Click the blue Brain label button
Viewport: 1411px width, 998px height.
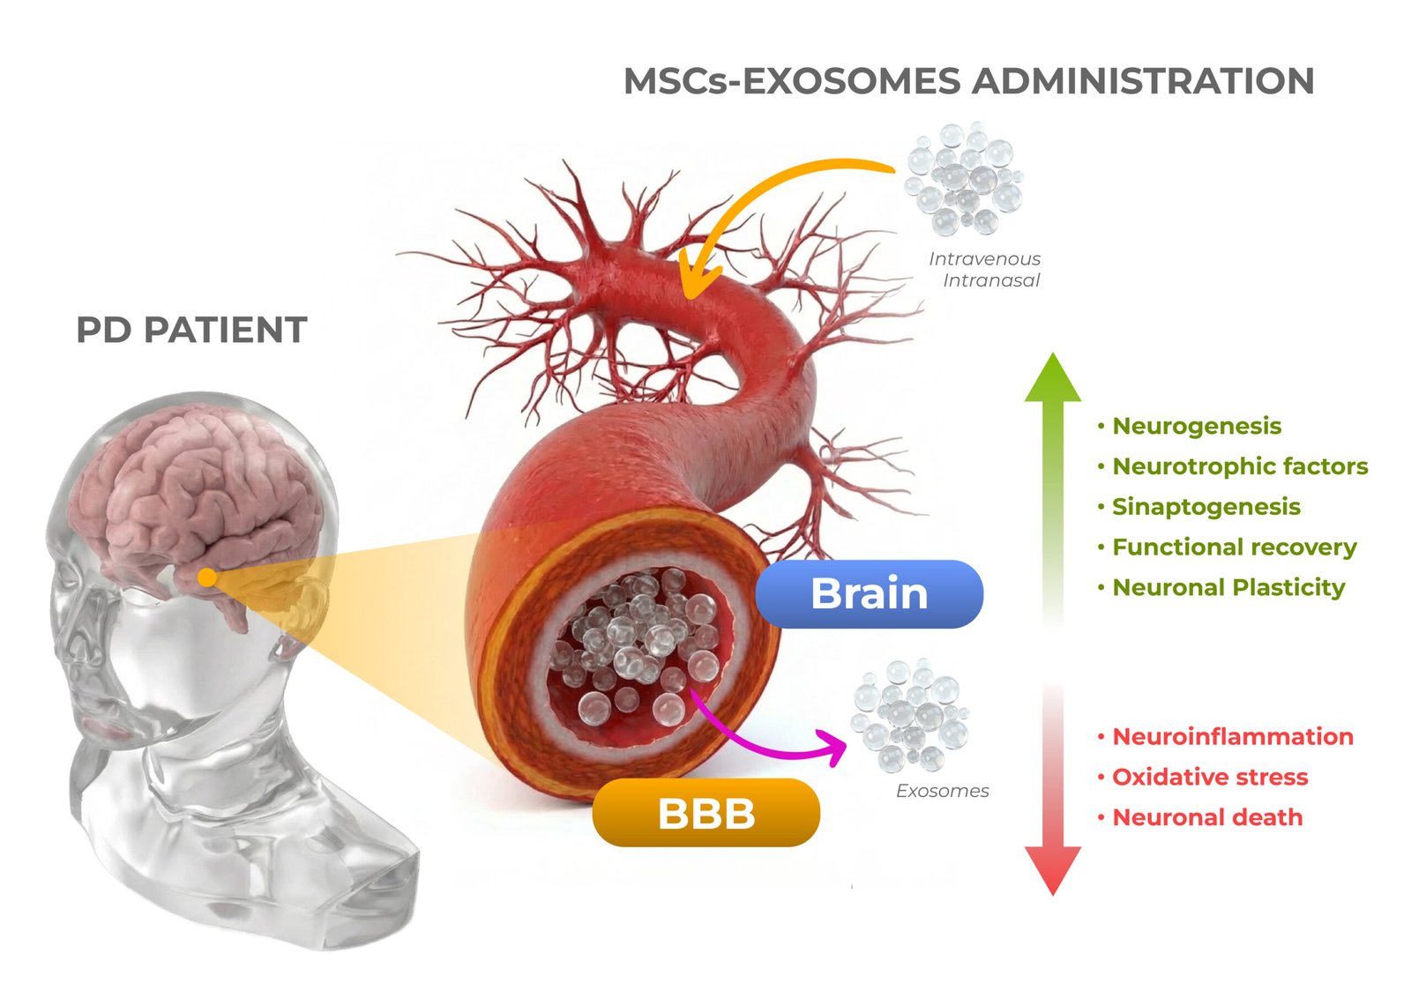tap(869, 593)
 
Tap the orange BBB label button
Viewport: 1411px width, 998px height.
tap(705, 813)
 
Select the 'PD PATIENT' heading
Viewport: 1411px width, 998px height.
tap(191, 330)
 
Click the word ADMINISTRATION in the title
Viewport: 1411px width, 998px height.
tap(1143, 81)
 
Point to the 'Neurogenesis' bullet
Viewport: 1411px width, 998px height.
tap(1196, 426)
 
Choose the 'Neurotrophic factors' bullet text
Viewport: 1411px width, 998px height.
tap(1239, 466)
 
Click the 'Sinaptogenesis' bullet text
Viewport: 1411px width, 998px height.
tap(1206, 507)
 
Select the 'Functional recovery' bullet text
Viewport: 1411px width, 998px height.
tap(1234, 547)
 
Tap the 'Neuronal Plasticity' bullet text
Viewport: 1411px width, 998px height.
tap(1228, 588)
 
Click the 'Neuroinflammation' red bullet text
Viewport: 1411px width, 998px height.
tap(1232, 737)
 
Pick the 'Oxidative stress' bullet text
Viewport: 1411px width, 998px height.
tap(1209, 778)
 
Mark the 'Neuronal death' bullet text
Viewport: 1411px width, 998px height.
tap(1206, 818)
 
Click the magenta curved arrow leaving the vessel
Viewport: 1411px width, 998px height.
tap(776, 748)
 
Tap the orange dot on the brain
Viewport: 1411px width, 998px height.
tap(206, 577)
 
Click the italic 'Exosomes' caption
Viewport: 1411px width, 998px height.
tap(942, 791)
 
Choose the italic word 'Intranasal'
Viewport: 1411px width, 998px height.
tap(991, 280)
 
